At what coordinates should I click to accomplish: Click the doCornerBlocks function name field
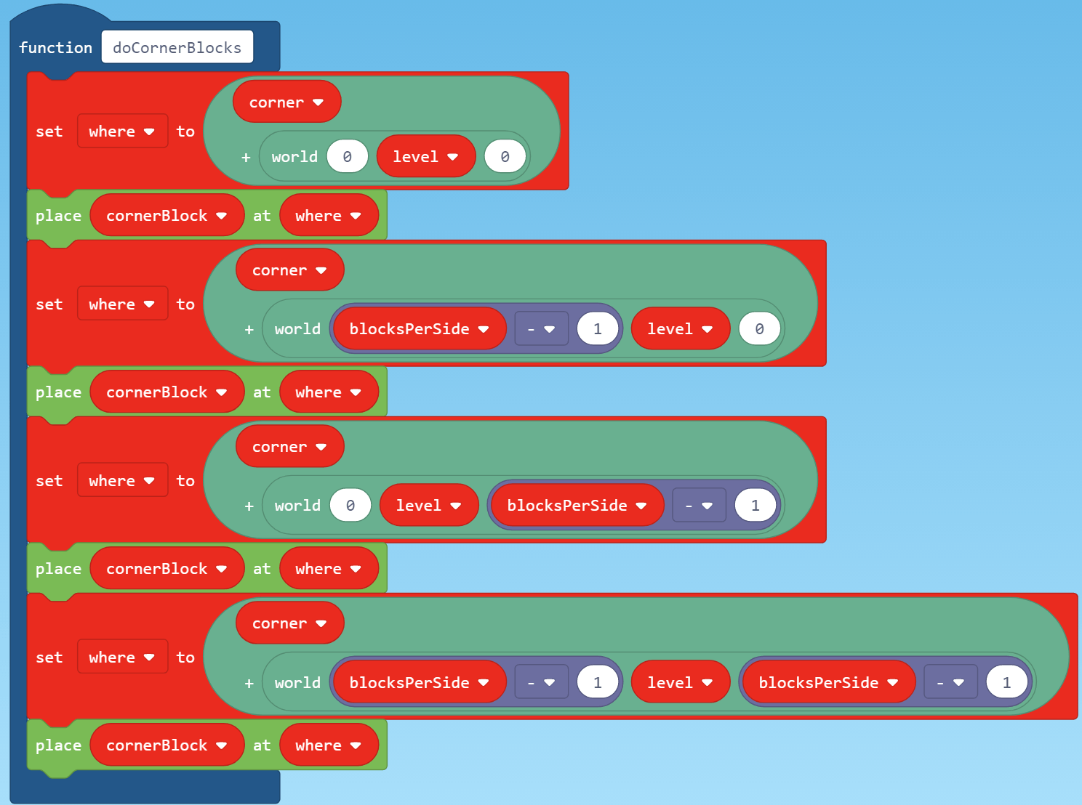(x=177, y=47)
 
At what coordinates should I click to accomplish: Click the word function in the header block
(x=56, y=47)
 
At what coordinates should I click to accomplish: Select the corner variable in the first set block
(x=286, y=102)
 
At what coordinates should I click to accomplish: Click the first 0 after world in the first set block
(x=347, y=157)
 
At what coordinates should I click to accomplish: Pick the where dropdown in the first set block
(x=122, y=132)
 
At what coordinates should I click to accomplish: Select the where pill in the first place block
(x=328, y=216)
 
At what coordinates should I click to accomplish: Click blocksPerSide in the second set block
(x=418, y=329)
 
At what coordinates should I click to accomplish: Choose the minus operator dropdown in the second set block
(x=541, y=329)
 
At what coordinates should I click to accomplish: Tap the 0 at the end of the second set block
(x=759, y=329)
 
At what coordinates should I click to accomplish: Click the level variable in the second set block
(x=679, y=329)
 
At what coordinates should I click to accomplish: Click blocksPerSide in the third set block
(x=576, y=506)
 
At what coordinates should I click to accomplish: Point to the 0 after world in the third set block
(x=350, y=506)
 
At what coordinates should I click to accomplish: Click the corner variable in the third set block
(x=289, y=447)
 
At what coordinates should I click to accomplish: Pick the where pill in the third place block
(x=328, y=569)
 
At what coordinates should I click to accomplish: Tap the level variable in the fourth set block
(x=679, y=683)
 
